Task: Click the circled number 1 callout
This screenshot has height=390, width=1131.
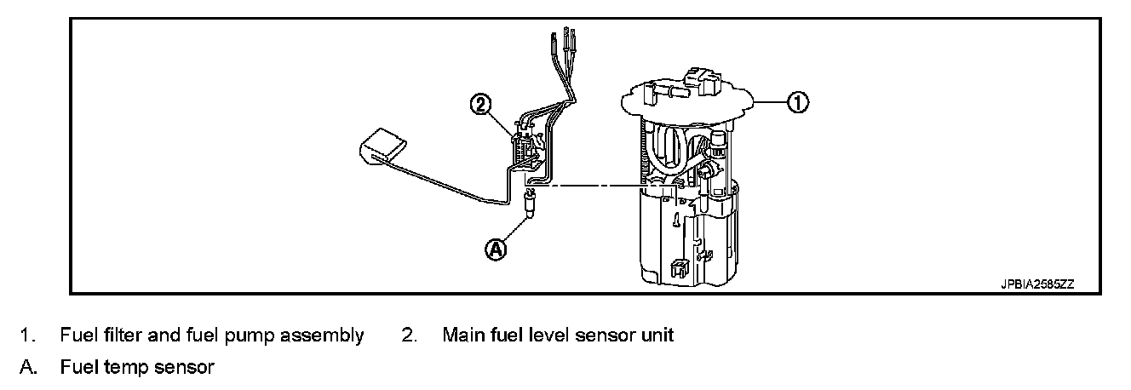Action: click(x=795, y=103)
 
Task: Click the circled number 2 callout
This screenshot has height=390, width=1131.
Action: click(x=482, y=105)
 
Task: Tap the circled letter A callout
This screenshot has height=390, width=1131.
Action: click(x=496, y=249)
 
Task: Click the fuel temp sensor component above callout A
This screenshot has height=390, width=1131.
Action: click(x=528, y=205)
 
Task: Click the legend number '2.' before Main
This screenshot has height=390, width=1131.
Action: click(x=409, y=336)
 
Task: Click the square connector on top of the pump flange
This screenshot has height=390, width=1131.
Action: click(x=703, y=75)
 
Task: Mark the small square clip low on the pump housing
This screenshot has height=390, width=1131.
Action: click(x=679, y=269)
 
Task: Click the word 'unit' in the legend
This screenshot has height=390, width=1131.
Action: click(x=657, y=336)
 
